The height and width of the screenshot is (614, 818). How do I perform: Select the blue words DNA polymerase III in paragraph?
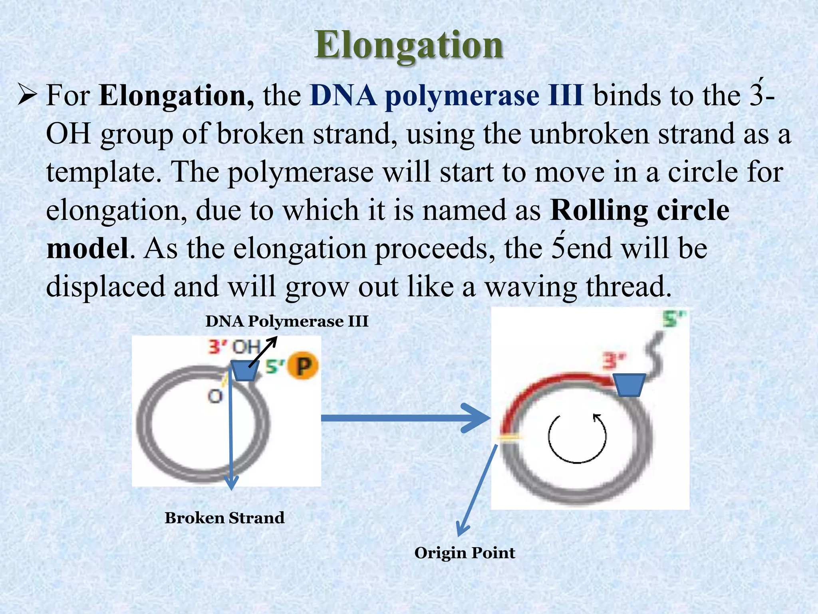[446, 96]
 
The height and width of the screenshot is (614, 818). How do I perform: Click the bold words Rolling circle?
[639, 210]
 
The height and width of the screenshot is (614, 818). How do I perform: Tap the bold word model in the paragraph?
[87, 249]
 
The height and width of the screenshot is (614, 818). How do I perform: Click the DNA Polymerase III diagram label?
[287, 321]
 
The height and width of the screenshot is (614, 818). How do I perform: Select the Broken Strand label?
[224, 518]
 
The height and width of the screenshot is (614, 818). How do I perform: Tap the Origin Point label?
[465, 553]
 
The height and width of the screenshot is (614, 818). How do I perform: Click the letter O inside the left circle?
[215, 397]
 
